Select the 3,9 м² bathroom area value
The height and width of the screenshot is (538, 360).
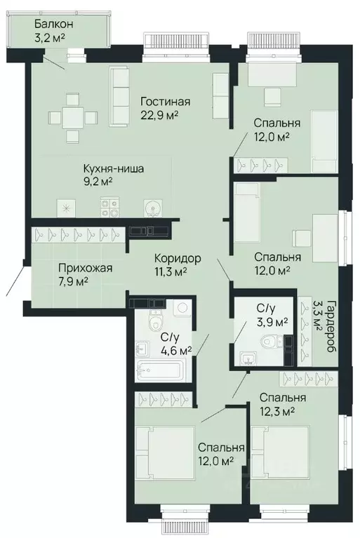272,321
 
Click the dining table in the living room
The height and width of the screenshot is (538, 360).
72,117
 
